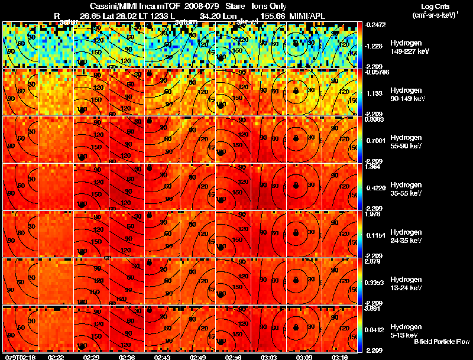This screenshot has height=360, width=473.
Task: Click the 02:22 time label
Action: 56,357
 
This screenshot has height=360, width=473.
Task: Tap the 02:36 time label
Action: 127,357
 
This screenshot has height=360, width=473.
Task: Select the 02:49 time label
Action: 198,357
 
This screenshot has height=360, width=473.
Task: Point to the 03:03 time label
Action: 269,357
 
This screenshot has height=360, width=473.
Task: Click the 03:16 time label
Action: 340,357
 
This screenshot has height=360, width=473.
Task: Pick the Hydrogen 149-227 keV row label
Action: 405,47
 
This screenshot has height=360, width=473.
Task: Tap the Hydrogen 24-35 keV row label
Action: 405,236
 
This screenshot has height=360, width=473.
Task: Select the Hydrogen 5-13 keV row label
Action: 405,330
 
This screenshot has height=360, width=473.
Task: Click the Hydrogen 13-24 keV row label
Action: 405,283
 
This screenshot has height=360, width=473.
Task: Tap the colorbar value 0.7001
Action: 376,140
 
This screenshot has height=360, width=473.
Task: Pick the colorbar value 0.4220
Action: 376,187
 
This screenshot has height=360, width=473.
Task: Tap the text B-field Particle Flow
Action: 442,342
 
